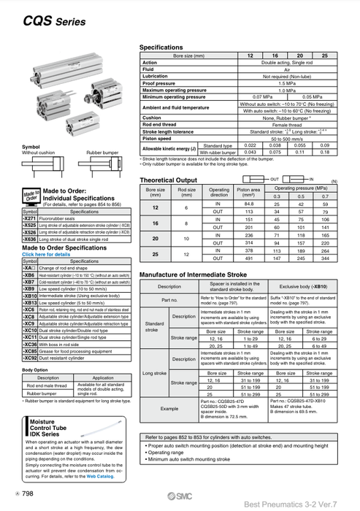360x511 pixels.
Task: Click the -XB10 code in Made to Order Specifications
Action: (x=31, y=296)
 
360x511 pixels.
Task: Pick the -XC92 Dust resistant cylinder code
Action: (x=31, y=358)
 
